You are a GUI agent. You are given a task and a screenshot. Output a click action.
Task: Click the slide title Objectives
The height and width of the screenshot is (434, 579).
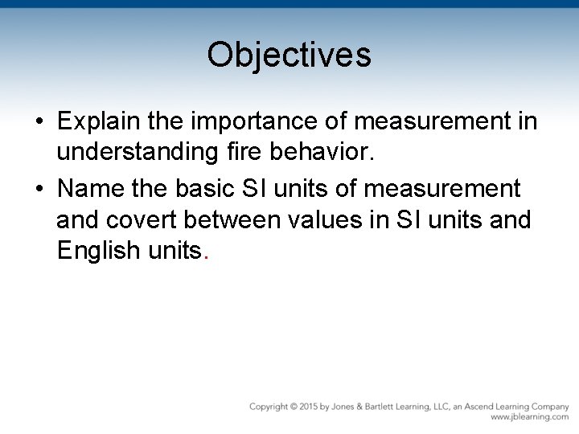point(289,55)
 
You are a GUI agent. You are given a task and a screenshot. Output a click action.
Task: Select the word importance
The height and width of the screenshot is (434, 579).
point(237,122)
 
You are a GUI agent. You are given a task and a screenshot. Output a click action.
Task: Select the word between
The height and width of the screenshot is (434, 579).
point(240,219)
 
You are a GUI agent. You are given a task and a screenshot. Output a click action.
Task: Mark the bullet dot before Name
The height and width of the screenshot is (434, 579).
point(39,190)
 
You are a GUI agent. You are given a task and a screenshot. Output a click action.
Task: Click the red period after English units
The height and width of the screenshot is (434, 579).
point(207,256)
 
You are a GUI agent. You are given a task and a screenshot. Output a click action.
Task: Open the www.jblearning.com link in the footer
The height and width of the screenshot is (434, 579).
point(529,418)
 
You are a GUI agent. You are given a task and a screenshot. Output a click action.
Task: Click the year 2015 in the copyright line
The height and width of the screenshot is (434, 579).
point(306,407)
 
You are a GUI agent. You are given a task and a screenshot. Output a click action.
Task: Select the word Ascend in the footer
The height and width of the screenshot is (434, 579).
point(479,407)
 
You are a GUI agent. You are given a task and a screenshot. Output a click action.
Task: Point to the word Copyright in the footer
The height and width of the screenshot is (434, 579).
point(269,407)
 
